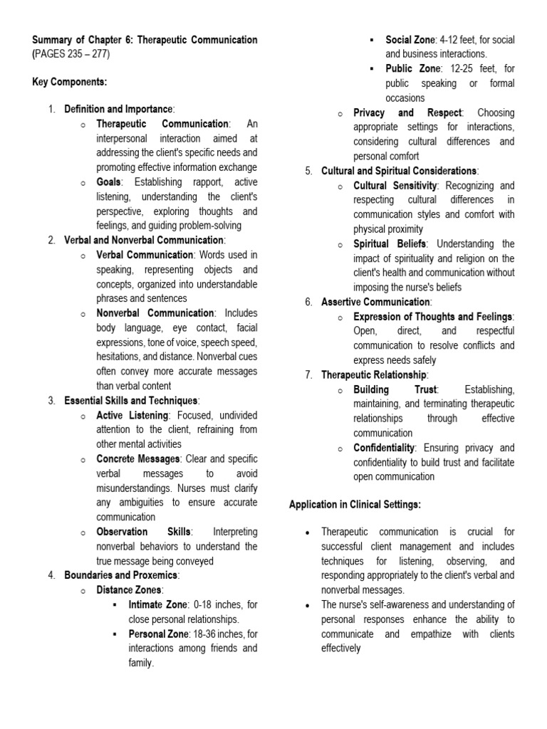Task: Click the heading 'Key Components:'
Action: [x=69, y=82]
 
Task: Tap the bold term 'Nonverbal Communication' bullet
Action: [x=155, y=313]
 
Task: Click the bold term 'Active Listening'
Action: [x=132, y=415]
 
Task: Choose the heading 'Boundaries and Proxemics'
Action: [x=121, y=575]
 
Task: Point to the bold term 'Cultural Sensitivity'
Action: [x=396, y=186]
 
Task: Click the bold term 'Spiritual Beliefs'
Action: [x=389, y=244]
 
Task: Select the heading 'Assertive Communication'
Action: [x=375, y=302]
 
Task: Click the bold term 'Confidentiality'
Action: [x=384, y=448]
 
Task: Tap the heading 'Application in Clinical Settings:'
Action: [x=355, y=504]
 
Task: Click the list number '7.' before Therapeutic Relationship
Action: [x=308, y=374]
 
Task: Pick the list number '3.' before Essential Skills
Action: [x=52, y=401]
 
